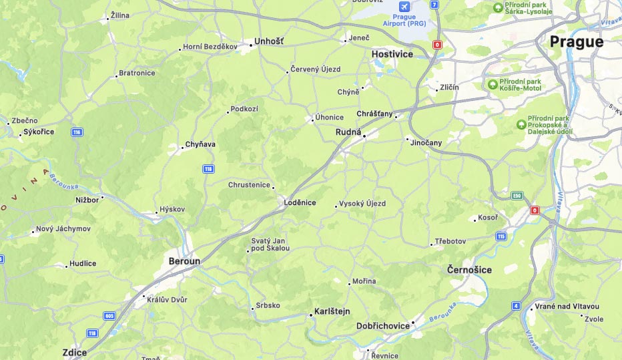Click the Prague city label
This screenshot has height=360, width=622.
click(x=576, y=41)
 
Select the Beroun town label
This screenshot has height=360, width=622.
click(x=184, y=261)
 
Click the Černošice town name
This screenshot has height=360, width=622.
click(x=469, y=270)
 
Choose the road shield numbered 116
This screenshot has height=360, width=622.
click(x=77, y=132)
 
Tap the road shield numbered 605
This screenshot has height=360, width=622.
click(x=110, y=315)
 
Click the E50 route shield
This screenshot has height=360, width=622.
click(x=517, y=196)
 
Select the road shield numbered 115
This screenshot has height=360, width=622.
click(x=501, y=236)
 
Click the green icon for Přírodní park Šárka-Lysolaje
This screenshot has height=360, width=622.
click(x=498, y=7)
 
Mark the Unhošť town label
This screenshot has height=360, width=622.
click(x=269, y=42)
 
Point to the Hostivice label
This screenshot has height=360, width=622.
click(x=392, y=54)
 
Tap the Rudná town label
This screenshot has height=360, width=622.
click(x=348, y=132)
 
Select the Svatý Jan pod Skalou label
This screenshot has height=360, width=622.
click(x=270, y=244)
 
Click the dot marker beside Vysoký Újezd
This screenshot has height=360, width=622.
click(x=336, y=206)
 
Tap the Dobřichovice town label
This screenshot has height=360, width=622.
click(x=383, y=326)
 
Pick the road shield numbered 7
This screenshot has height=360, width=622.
click(x=434, y=4)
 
